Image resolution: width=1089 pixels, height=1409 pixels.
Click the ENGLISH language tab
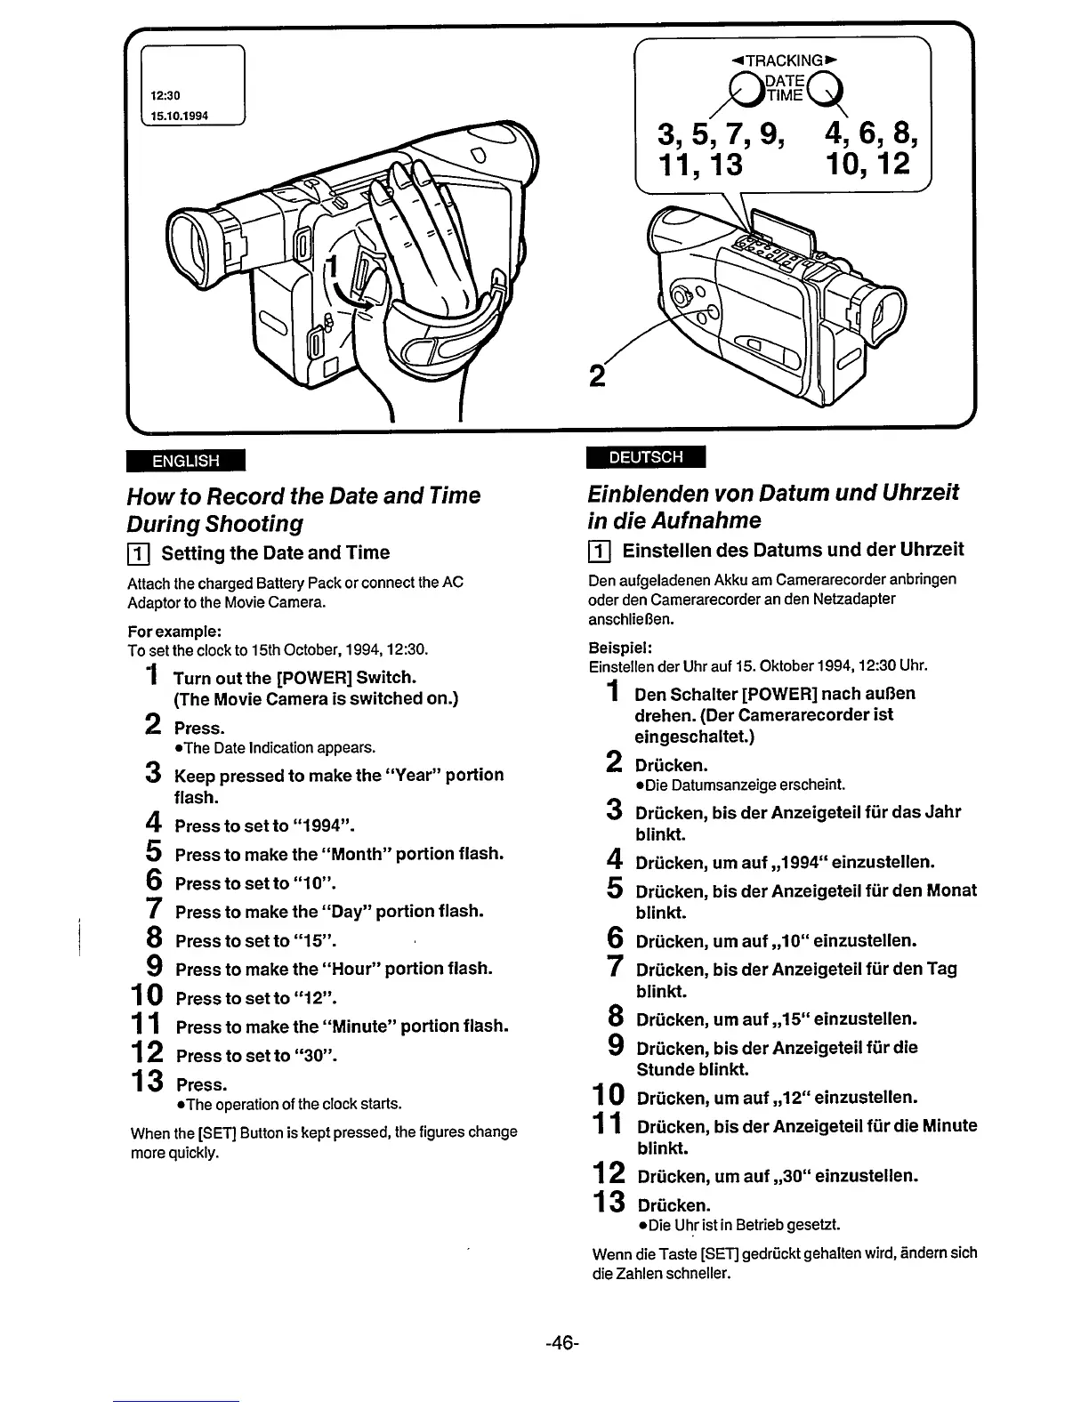185,461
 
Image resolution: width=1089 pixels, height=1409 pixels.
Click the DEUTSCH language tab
646,457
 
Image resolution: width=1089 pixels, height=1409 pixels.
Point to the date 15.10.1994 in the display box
179,116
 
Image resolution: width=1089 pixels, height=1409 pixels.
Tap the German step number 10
610,1095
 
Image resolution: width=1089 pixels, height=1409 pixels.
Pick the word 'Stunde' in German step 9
664,1069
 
